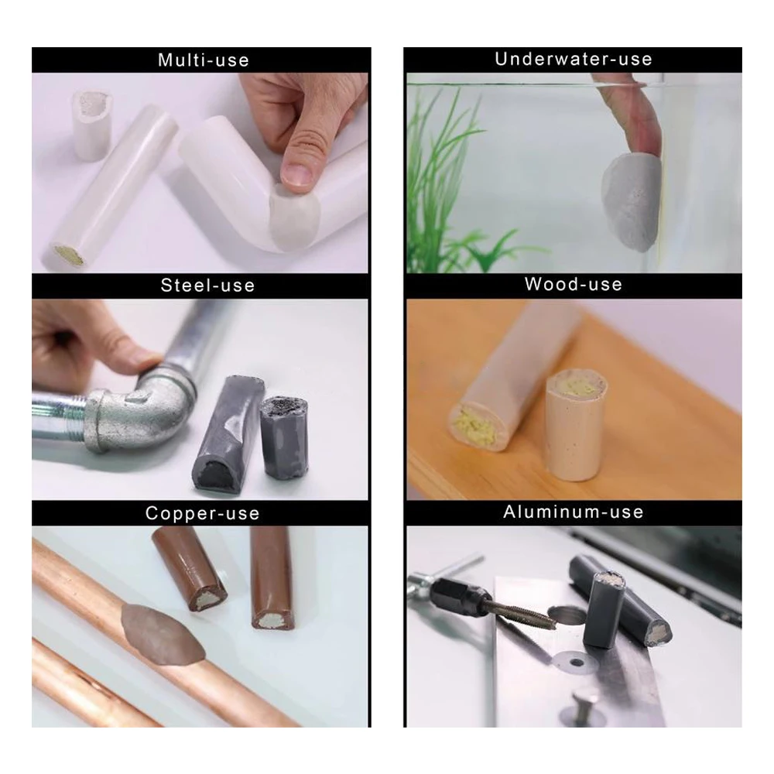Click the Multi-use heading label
coord(204,60)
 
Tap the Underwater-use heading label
coord(574,60)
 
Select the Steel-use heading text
coord(207,286)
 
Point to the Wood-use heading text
coord(574,284)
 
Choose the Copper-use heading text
coord(202,513)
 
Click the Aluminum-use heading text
coord(574,512)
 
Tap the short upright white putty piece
coord(92,125)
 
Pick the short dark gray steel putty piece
coord(284,437)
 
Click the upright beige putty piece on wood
coord(576,424)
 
